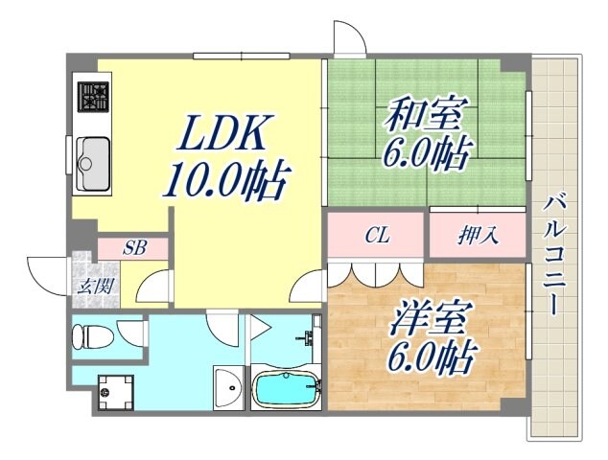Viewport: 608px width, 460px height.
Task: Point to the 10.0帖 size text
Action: click(x=226, y=179)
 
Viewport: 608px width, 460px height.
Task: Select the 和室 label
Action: click(x=424, y=117)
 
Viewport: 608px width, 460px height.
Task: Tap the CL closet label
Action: click(x=377, y=235)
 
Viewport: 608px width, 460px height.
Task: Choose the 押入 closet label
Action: click(x=477, y=235)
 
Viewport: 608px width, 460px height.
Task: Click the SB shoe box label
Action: click(x=135, y=247)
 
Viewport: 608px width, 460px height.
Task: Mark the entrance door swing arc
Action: click(x=43, y=271)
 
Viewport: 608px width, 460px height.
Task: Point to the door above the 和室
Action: click(x=347, y=38)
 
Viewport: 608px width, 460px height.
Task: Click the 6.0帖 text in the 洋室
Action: click(x=432, y=359)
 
